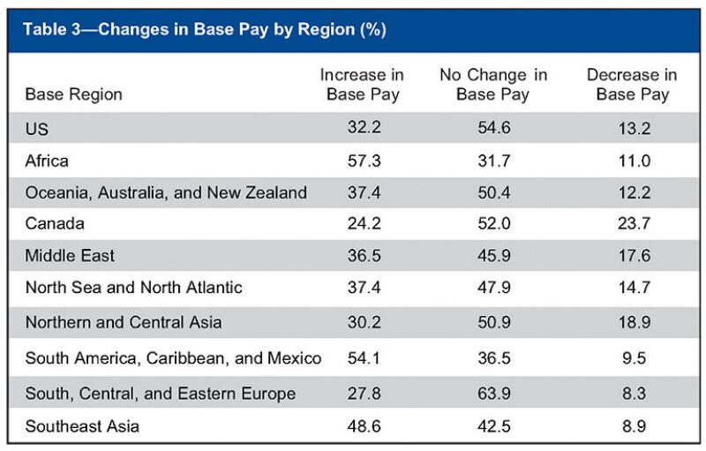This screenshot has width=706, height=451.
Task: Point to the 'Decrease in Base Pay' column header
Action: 632,85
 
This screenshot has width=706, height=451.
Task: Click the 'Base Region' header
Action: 73,94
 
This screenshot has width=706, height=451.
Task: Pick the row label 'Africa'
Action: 47,161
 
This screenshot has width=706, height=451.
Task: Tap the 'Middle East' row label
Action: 70,256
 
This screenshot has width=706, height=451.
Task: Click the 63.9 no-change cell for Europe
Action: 492,393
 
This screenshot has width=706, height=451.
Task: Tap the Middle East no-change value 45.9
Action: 492,256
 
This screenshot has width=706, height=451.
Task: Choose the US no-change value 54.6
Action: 492,129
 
